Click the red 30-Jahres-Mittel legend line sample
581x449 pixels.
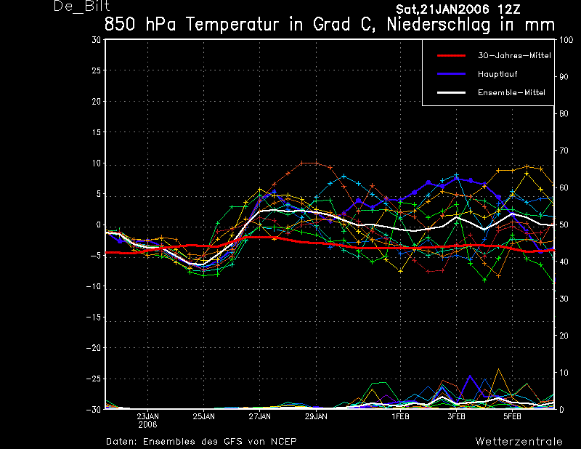pos(451,56)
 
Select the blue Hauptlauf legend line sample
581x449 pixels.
pos(451,74)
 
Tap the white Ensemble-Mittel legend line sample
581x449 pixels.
pos(451,92)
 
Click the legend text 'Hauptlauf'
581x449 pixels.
pos(497,74)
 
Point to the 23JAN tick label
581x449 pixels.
pos(148,416)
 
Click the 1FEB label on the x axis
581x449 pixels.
pos(401,416)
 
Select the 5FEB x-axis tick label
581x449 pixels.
pos(513,416)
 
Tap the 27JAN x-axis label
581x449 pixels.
pos(260,416)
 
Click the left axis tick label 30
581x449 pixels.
pos(97,40)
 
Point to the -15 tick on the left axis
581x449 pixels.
pos(94,317)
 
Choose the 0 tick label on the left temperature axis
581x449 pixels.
pos(99,224)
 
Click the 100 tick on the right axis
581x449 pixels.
pos(566,40)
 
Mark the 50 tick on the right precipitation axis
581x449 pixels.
pos(564,224)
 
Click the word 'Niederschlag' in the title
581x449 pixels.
pos(439,25)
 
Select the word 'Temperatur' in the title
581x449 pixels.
pos(232,25)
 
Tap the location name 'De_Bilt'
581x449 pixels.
pos(82,7)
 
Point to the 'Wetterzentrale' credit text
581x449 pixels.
pos(519,441)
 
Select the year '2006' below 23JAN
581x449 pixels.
pos(148,424)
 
